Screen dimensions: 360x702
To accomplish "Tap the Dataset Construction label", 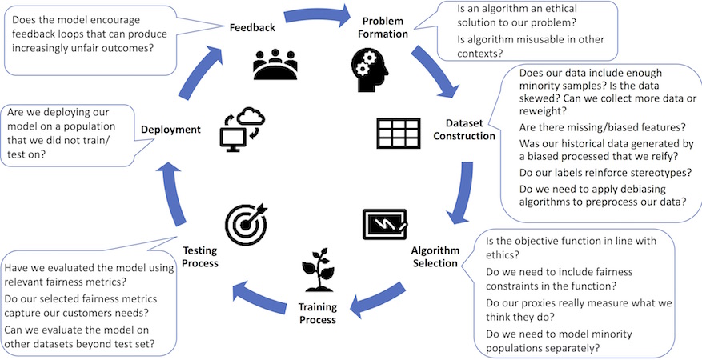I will (x=470, y=130).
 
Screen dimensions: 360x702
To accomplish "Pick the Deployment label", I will (x=171, y=128).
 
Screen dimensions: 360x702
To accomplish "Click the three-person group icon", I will (x=275, y=64).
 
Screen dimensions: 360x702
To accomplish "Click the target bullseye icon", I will (x=245, y=224).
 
